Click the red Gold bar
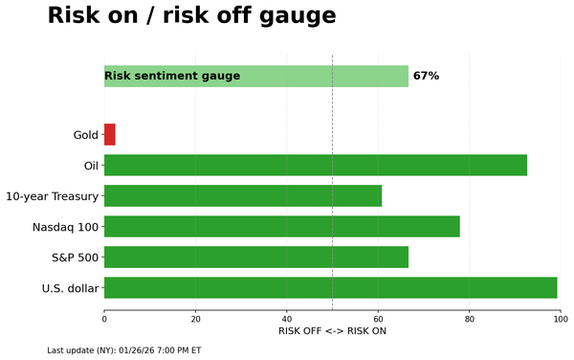click(109, 135)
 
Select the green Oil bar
click(316, 165)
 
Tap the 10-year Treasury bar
click(243, 196)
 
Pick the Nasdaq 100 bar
click(282, 227)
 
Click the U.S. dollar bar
click(331, 287)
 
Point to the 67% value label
click(426, 76)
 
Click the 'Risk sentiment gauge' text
click(172, 76)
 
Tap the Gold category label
click(86, 135)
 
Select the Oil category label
click(92, 166)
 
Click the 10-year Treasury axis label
click(52, 196)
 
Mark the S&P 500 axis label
click(75, 258)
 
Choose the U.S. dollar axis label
click(70, 288)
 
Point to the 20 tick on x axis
click(196, 317)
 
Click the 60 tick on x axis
click(379, 317)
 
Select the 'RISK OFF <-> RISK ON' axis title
click(332, 331)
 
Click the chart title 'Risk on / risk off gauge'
click(191, 16)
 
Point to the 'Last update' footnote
click(123, 350)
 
